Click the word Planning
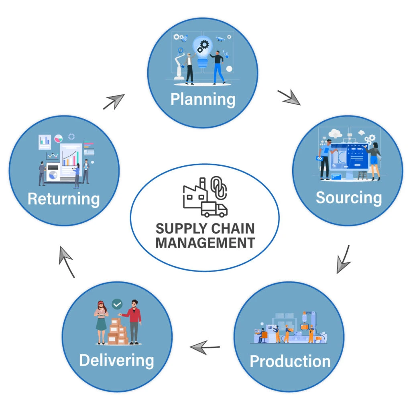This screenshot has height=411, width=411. pos(203,99)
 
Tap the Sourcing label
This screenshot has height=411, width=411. pos(348,197)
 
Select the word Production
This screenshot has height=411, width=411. pos(290,361)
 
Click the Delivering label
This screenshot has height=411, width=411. pos(116,360)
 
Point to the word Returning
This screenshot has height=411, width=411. pos(63,199)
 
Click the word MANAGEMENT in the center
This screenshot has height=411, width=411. pos(205,243)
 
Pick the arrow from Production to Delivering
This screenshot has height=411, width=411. pos(205,347)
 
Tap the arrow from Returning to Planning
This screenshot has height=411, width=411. pos(114,102)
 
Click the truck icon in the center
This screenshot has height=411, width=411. pos(214,209)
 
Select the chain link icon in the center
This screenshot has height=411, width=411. pos(219,187)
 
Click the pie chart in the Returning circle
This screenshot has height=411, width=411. pos(58,138)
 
